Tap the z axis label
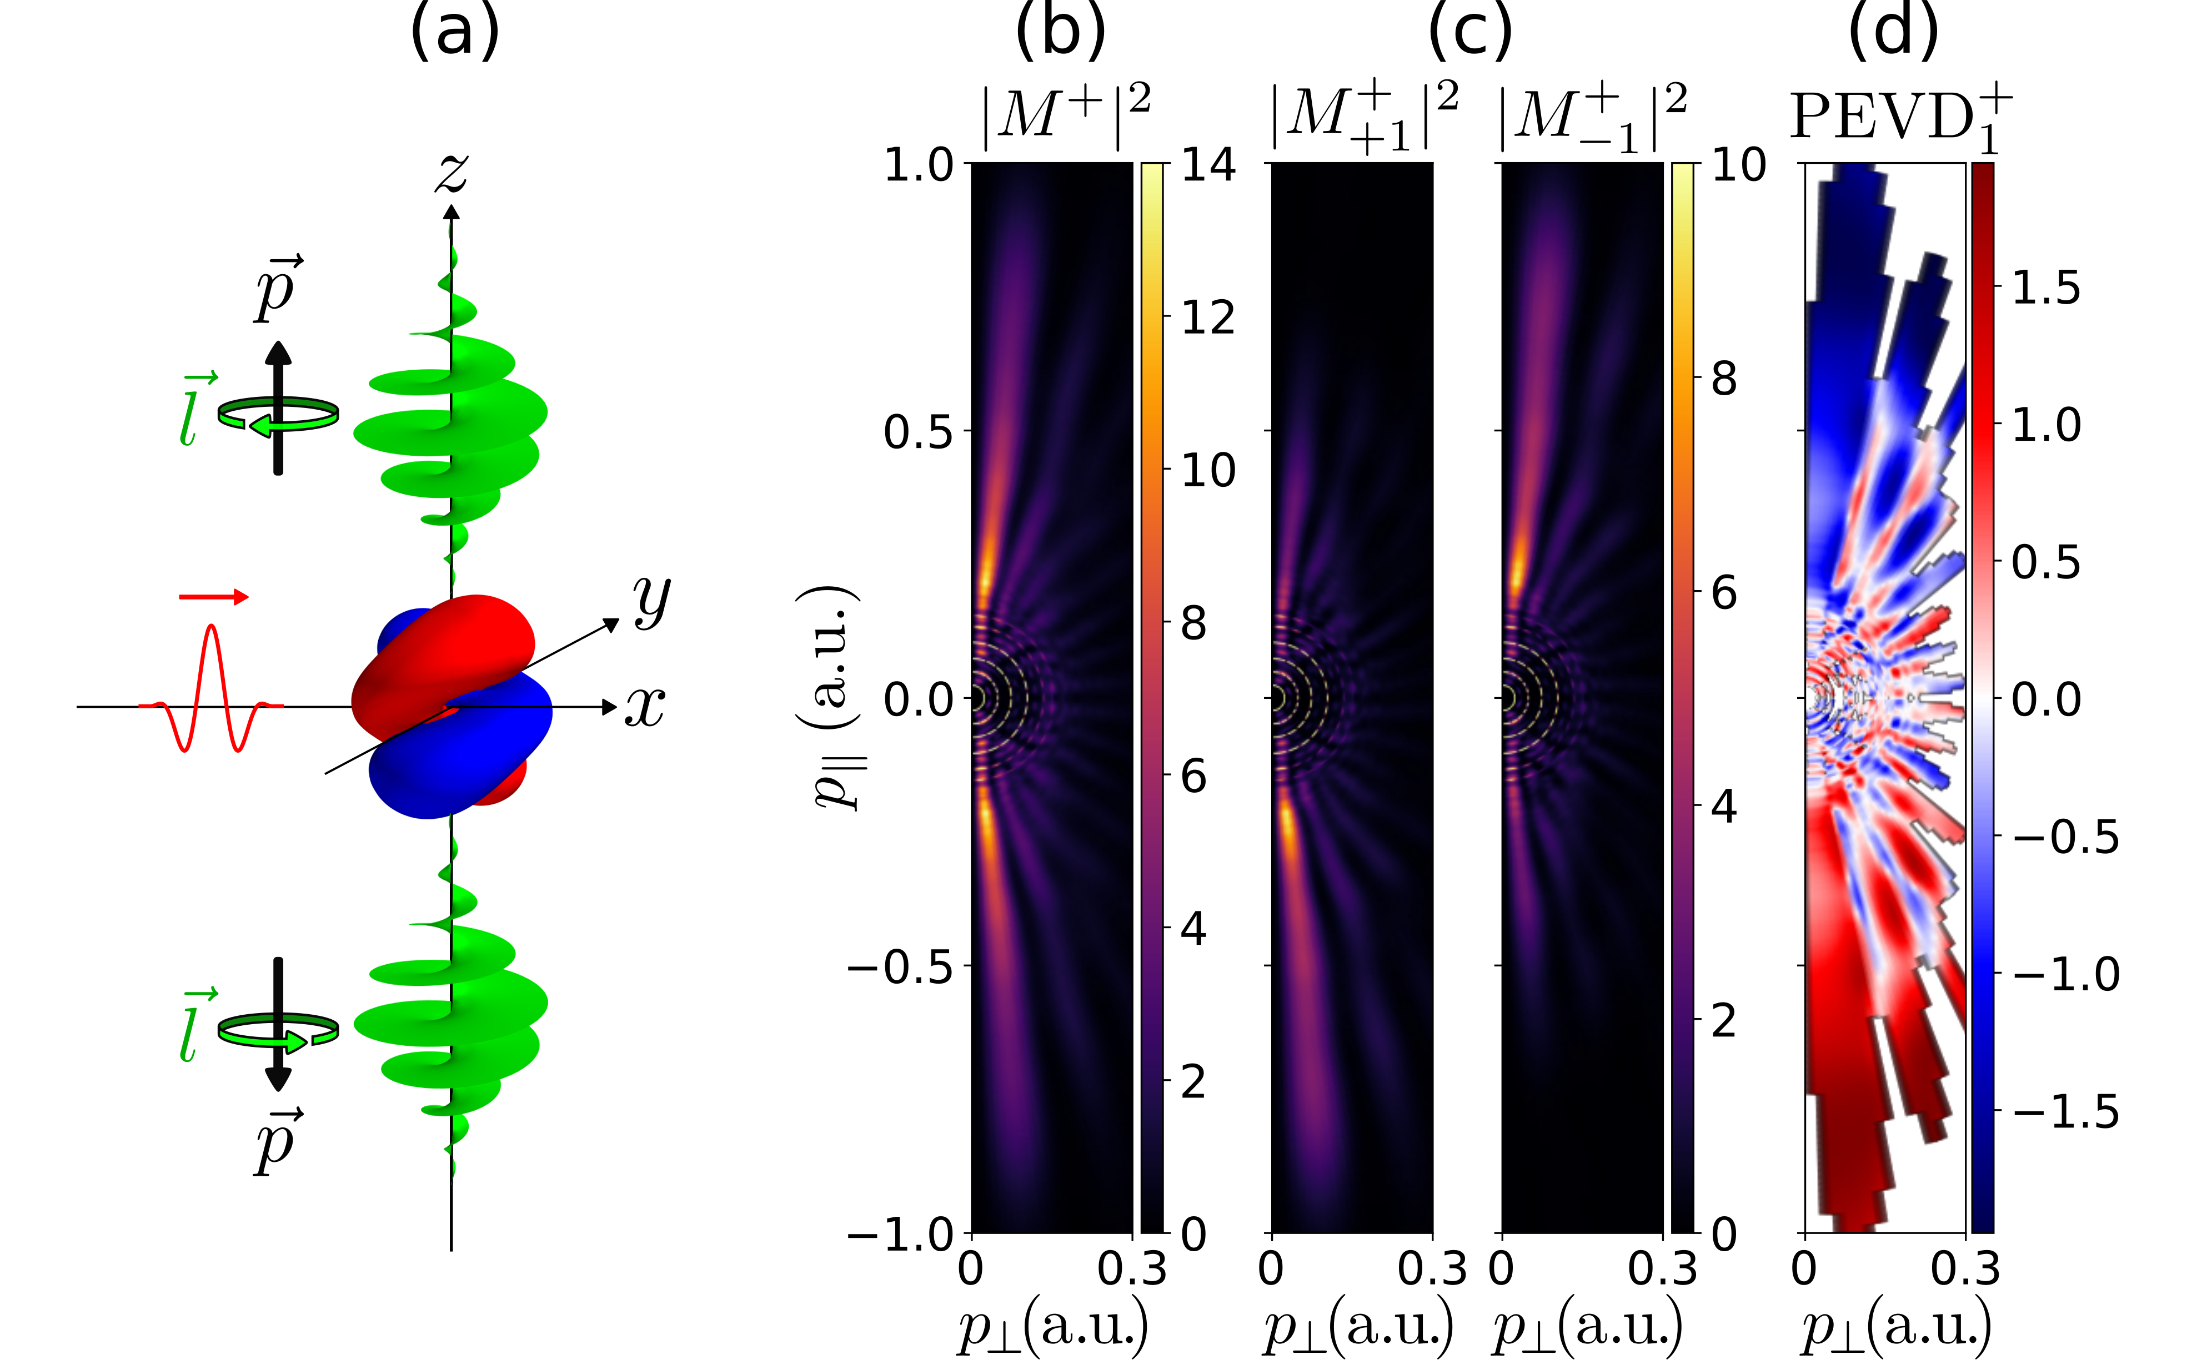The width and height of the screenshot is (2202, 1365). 452,172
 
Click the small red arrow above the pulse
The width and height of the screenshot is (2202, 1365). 213,597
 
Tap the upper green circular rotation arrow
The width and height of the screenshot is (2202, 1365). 278,415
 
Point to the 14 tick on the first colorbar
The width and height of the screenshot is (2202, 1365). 1207,165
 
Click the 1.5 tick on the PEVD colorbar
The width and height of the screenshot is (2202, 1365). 2046,288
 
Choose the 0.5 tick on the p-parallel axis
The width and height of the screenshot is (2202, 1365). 917,431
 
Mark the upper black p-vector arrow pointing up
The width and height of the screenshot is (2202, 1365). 278,406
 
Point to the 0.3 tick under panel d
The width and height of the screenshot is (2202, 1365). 1965,1270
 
